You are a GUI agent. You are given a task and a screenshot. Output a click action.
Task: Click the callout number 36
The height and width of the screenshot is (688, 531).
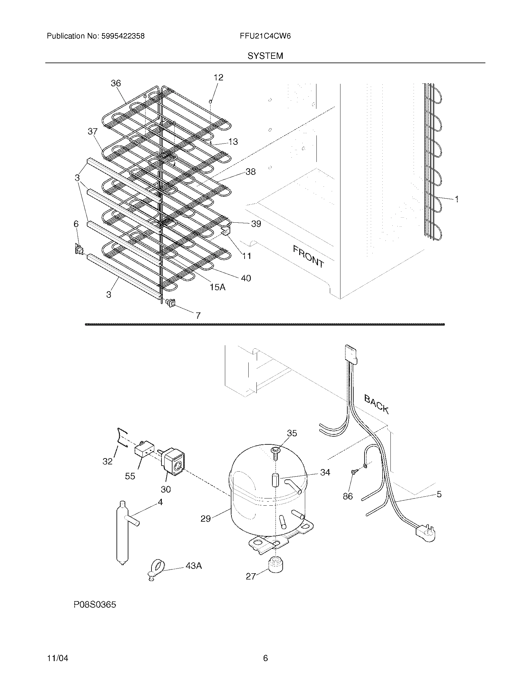pyautogui.click(x=116, y=83)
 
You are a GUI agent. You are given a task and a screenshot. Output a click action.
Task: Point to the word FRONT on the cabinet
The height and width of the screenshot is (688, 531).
pyautogui.click(x=308, y=256)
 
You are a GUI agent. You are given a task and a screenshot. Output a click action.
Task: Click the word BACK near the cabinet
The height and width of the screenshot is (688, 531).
pyautogui.click(x=377, y=404)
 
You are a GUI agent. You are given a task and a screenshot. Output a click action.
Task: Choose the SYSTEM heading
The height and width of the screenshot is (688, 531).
pyautogui.click(x=265, y=56)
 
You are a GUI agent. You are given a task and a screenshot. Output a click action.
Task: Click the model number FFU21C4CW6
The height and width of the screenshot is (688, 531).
pyautogui.click(x=265, y=36)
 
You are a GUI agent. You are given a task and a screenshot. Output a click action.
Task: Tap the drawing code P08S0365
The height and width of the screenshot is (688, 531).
pyautogui.click(x=95, y=605)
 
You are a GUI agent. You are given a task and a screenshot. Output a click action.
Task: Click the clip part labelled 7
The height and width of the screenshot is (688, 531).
pyautogui.click(x=171, y=303)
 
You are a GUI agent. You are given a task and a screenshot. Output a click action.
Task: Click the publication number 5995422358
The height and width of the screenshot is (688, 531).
pyautogui.click(x=122, y=36)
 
